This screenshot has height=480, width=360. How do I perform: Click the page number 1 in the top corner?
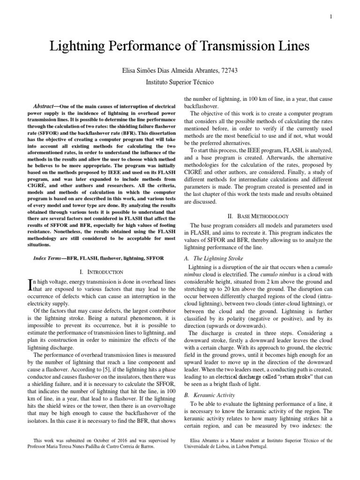pyautogui.click(x=331, y=17)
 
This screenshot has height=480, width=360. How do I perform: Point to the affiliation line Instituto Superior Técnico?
pyautogui.click(x=180, y=82)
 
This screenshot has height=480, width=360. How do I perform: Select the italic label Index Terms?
pyautogui.click(x=50, y=258)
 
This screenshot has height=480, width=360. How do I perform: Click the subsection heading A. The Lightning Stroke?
pyautogui.click(x=215, y=258)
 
